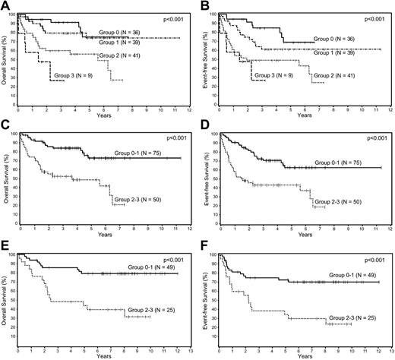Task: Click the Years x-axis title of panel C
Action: pos(104,235)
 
